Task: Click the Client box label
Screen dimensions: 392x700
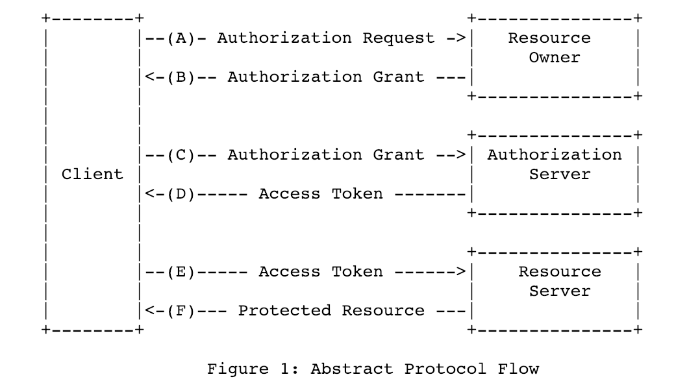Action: tap(92, 175)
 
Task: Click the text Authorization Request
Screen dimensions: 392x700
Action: tap(325, 38)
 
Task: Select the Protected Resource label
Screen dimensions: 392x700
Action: tap(331, 311)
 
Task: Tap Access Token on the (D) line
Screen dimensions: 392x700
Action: tap(320, 194)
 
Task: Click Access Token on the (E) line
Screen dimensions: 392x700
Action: tap(320, 272)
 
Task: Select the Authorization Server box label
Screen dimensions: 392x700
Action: tap(554, 164)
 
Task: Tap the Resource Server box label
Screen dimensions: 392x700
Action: tap(559, 281)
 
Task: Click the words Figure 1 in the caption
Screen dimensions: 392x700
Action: tap(253, 369)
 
